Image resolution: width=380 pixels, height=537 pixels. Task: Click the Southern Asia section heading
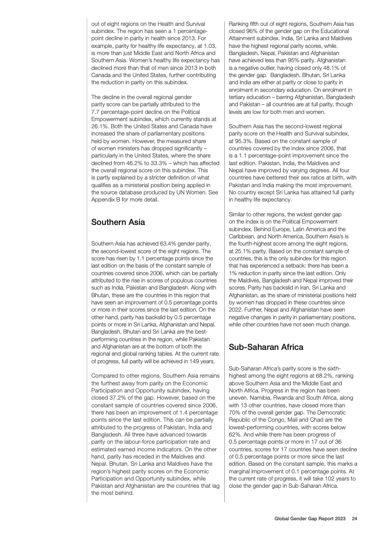coord(118,222)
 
